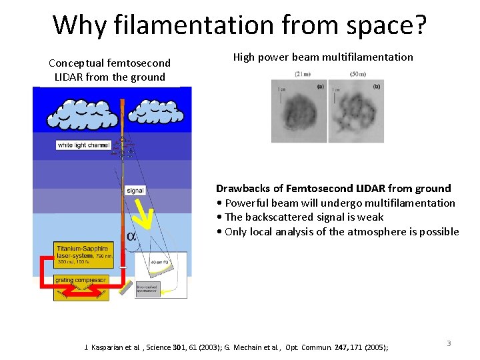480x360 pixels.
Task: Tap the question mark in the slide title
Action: tap(419, 25)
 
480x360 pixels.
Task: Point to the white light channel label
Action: tap(83, 145)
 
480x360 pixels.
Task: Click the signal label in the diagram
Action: tap(135, 191)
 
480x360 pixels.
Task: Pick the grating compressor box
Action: tap(81, 281)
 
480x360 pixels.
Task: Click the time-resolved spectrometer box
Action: tap(147, 289)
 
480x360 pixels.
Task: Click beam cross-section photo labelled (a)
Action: tap(298, 111)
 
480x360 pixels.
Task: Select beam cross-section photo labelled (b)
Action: tap(356, 111)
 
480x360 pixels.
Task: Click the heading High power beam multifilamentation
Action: tap(323, 57)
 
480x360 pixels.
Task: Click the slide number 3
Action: tap(449, 343)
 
